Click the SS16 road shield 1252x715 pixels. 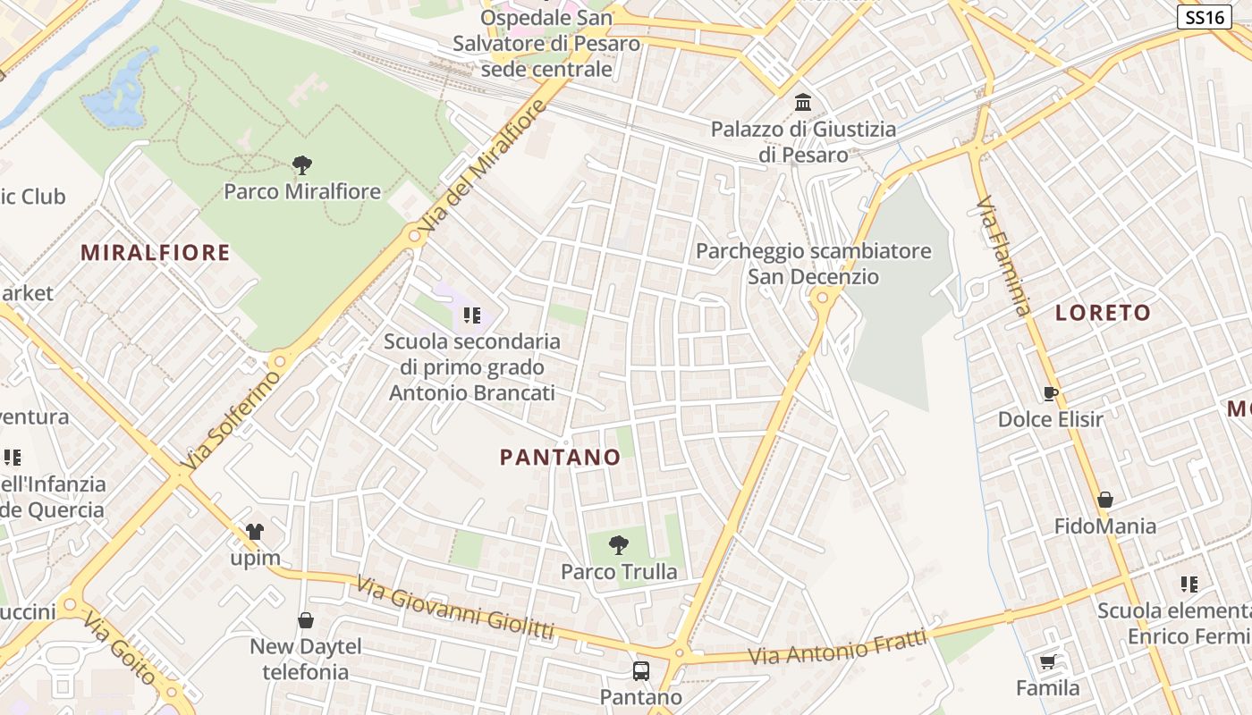pyautogui.click(x=1204, y=17)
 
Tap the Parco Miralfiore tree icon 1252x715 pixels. pyautogui.click(x=302, y=164)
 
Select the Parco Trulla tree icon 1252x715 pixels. pyautogui.click(x=618, y=544)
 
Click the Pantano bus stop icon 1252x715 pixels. pyautogui.click(x=641, y=670)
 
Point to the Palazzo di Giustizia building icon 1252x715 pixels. pyautogui.click(x=803, y=103)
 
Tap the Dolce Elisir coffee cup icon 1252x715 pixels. pyautogui.click(x=1051, y=392)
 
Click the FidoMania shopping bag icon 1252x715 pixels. pyautogui.click(x=1105, y=500)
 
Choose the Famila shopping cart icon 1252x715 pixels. pyautogui.click(x=1047, y=661)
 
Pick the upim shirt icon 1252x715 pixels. pyautogui.click(x=255, y=532)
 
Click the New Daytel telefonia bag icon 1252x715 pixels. pyautogui.click(x=306, y=619)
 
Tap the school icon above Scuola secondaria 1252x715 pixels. pyautogui.click(x=472, y=315)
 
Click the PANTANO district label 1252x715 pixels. pyautogui.click(x=560, y=458)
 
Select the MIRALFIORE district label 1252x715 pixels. pyautogui.click(x=156, y=253)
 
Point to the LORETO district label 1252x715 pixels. pyautogui.click(x=1103, y=313)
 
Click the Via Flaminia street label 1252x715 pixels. pyautogui.click(x=1003, y=257)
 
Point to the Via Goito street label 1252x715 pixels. pyautogui.click(x=120, y=648)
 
